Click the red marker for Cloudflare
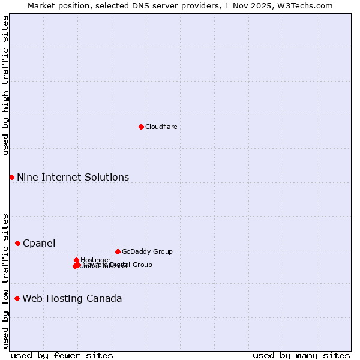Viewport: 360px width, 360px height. click(141, 127)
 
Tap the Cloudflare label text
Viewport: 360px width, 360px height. click(161, 127)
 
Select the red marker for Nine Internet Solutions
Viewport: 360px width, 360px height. click(11, 177)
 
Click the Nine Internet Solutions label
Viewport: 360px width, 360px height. click(73, 177)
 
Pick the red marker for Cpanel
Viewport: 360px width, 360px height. click(17, 243)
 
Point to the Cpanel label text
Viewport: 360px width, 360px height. click(39, 243)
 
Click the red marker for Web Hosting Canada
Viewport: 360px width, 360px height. click(17, 298)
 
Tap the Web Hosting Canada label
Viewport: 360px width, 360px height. click(72, 298)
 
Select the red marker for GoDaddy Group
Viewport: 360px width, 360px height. click(118, 251)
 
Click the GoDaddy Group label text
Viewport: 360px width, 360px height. click(147, 251)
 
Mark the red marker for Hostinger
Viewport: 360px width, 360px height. click(76, 260)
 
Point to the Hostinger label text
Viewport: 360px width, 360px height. click(95, 260)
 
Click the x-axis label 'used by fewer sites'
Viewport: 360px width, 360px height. click(62, 355)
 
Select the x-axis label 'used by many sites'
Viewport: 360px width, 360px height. click(301, 355)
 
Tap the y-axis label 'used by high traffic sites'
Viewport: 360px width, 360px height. click(5, 85)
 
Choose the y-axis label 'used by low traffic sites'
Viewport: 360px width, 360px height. click(5, 281)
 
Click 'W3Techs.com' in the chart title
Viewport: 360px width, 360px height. click(309, 5)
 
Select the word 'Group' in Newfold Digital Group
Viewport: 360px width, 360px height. click(142, 265)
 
